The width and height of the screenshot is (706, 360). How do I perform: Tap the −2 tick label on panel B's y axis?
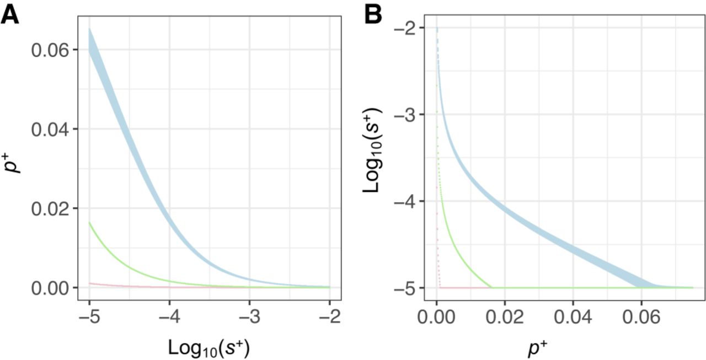[x=408, y=28]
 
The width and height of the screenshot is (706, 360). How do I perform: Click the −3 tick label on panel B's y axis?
[x=408, y=114]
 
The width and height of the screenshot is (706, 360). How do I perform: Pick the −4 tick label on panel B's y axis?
[x=408, y=201]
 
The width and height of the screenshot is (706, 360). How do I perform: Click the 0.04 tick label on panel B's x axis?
[x=573, y=318]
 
